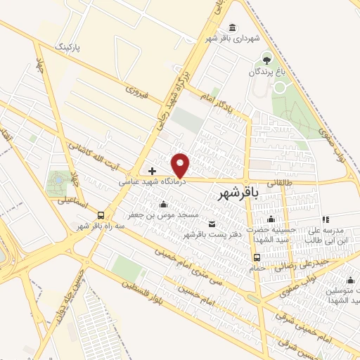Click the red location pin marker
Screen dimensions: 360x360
click(181, 165)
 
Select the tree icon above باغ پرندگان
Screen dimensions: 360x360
click(266, 58)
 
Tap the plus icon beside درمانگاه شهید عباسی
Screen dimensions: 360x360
click(152, 171)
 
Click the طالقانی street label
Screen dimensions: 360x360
click(302, 181)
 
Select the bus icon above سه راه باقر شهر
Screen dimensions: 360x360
click(101, 215)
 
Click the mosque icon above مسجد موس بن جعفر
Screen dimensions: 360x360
click(164, 203)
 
